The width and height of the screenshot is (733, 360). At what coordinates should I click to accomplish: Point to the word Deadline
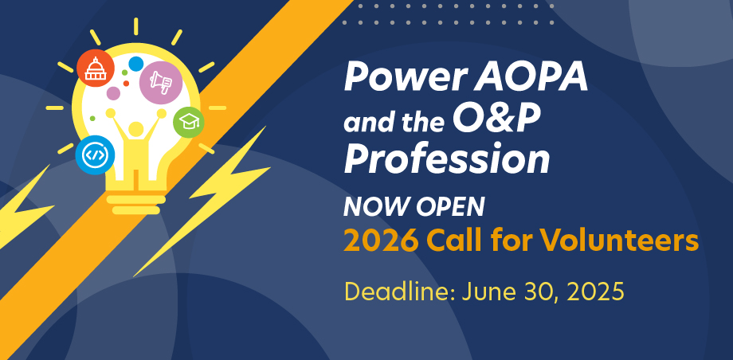pos(400,292)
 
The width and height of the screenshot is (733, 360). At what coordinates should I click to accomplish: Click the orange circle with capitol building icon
pos(96,68)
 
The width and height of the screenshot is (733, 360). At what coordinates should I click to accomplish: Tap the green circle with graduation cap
pos(188,123)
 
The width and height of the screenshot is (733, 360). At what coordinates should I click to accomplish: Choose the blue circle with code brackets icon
pos(96,155)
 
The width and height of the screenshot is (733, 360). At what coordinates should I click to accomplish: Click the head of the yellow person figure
pos(135,128)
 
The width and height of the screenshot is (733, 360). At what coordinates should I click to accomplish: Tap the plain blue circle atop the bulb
pos(135,64)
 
